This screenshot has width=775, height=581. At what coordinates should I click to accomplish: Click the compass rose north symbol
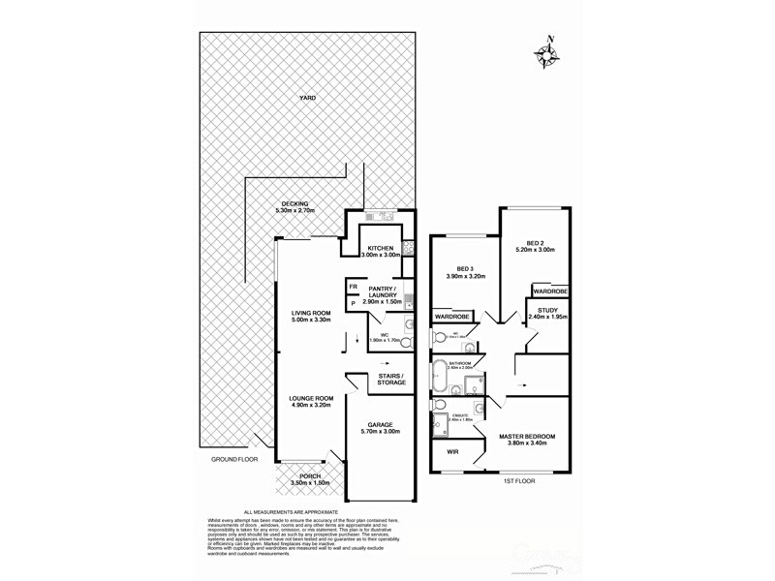point(550,55)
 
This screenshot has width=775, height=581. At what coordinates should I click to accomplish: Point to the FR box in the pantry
point(354,288)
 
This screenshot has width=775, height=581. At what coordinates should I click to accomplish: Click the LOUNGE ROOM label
point(310,401)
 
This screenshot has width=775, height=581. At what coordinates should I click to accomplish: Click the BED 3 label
point(465,272)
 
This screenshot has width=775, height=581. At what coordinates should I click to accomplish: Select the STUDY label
point(548,312)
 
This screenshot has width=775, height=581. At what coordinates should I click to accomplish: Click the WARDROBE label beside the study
point(549,290)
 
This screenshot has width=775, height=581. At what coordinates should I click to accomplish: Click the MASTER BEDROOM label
point(527,439)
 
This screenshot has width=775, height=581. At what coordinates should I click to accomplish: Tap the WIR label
point(451,451)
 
